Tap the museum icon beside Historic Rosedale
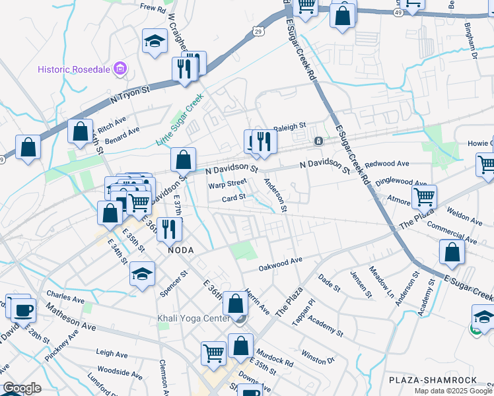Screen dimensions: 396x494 120,68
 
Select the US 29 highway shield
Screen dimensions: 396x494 258,32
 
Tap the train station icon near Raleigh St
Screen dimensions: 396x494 318,141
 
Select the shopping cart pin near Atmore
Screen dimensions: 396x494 424,195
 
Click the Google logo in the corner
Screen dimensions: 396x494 21,388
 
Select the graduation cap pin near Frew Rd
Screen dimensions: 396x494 154,42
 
